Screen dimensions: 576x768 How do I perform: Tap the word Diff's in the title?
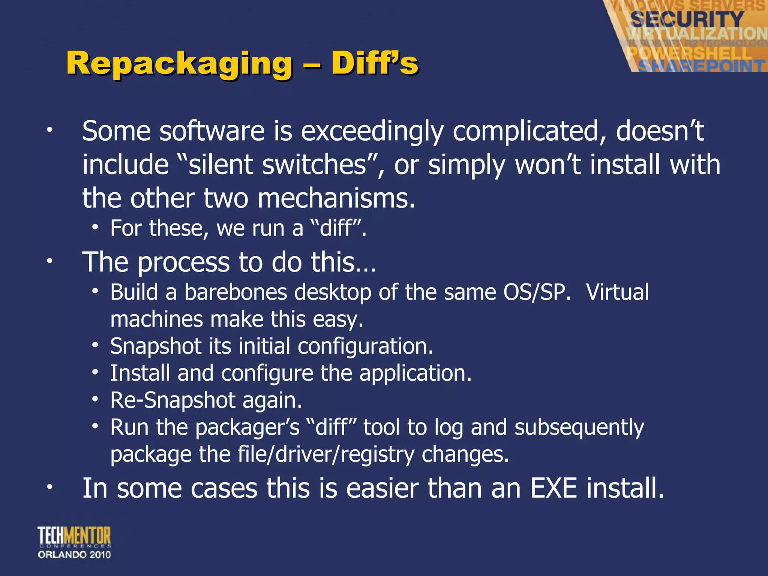coord(375,63)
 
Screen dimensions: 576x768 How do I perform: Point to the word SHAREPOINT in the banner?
coord(701,66)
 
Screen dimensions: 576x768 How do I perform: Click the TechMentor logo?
coord(74,536)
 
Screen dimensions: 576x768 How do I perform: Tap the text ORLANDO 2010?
coord(74,555)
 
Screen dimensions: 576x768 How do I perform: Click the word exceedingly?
coord(372,131)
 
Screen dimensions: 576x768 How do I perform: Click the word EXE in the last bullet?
coord(553,488)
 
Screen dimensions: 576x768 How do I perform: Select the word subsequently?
coord(579,427)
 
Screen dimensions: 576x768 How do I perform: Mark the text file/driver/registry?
coord(326,454)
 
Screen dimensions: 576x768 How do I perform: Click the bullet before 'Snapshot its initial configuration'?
coord(96,345)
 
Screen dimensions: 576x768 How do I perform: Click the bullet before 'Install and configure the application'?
coord(96,373)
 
